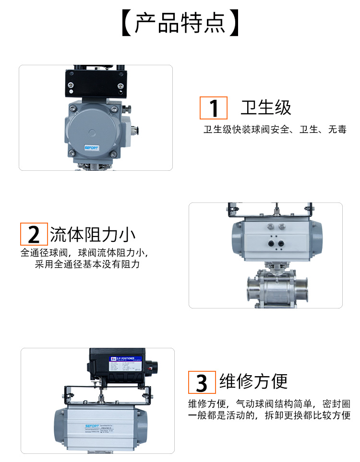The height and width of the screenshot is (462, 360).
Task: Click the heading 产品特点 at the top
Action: pyautogui.click(x=180, y=23)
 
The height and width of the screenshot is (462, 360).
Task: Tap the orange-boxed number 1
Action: pyautogui.click(x=213, y=108)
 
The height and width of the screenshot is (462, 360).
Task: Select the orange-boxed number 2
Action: pyautogui.click(x=34, y=235)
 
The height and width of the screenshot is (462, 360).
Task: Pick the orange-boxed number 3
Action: pyautogui.click(x=202, y=383)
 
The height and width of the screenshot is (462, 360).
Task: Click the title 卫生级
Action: pyautogui.click(x=266, y=108)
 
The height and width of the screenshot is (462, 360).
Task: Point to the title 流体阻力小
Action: pyautogui.click(x=93, y=235)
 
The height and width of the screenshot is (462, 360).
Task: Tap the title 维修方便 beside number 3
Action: pyautogui.click(x=253, y=382)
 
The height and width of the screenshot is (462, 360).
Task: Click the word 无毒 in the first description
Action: pyautogui.click(x=337, y=130)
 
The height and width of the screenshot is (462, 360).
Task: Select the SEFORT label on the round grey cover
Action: pyautogui.click(x=91, y=148)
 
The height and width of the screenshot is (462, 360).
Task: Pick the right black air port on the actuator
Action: pyautogui.click(x=280, y=243)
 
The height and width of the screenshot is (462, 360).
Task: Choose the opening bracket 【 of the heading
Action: pyautogui.click(x=126, y=23)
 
